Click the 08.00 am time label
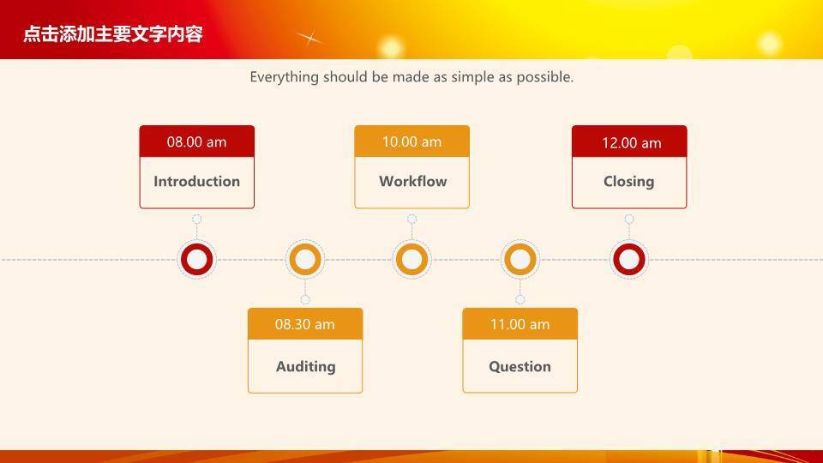pos(197,141)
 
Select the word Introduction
pos(197,181)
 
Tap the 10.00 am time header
pos(412,141)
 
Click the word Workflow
pos(413,181)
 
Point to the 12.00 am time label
pos(632,143)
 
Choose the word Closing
pos(628,182)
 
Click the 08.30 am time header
pos(305,324)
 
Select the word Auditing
pos(306,366)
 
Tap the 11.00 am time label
pos(520,324)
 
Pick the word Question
pos(520,366)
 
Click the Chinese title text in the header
pos(113,34)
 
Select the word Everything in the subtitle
pos(284,77)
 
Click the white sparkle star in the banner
pos(309,38)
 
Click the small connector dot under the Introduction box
pos(197,219)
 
